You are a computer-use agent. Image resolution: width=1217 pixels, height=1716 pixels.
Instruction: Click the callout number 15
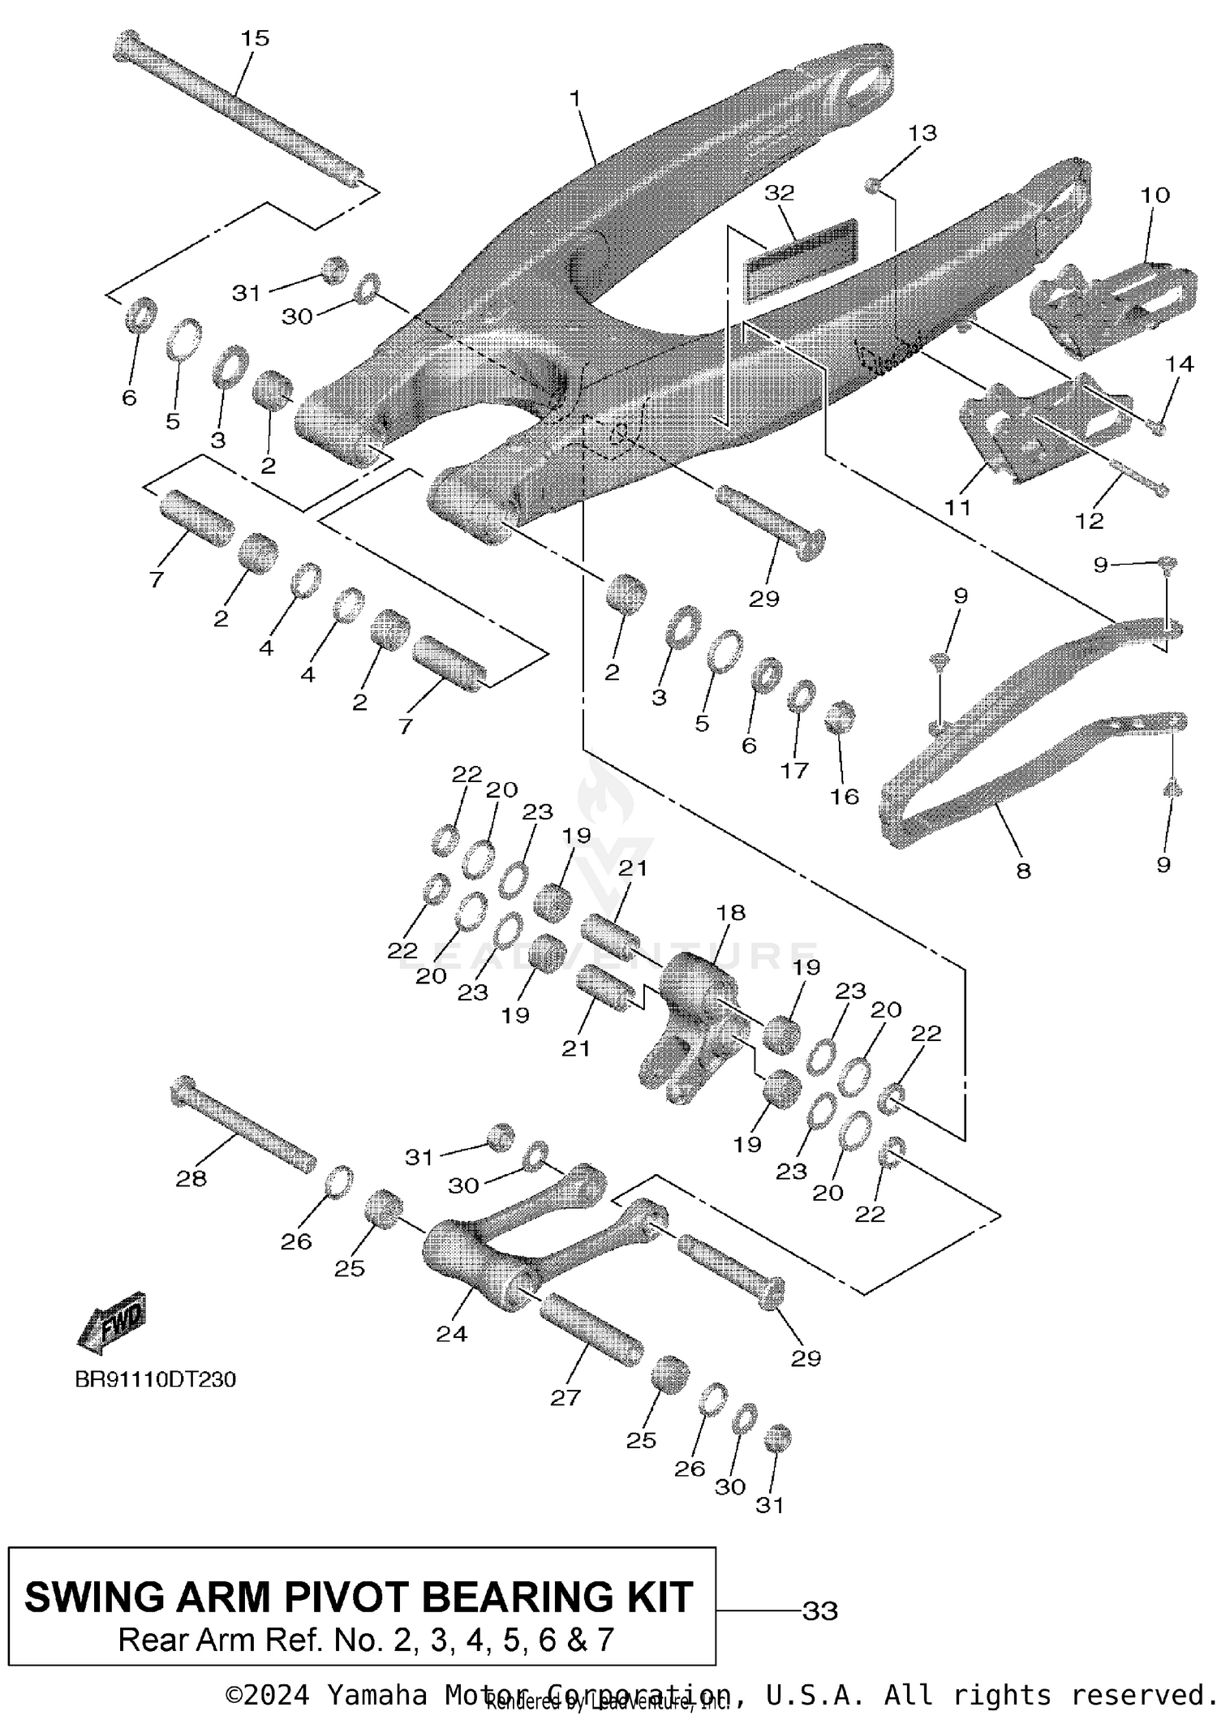coord(255,38)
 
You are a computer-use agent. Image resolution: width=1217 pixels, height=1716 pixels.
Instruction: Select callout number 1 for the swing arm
coord(575,99)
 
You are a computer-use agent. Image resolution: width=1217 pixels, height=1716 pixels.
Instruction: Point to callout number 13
coord(922,132)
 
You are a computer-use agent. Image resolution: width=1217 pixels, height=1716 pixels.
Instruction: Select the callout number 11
coord(957,507)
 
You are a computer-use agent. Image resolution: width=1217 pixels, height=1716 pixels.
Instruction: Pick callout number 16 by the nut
coord(844,796)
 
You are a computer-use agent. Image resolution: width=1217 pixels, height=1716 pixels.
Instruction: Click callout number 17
coord(794,769)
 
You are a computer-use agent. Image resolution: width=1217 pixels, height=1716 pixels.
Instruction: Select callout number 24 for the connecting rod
coord(451,1333)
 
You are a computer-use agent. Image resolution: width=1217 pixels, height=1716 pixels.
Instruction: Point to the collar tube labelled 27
coord(590,1331)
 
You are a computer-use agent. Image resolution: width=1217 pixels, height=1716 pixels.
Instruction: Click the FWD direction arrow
coord(111,1321)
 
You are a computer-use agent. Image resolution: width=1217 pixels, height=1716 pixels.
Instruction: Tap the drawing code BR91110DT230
coord(155,1379)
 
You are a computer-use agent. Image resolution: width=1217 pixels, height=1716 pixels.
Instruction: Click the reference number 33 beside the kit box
coord(819,1610)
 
